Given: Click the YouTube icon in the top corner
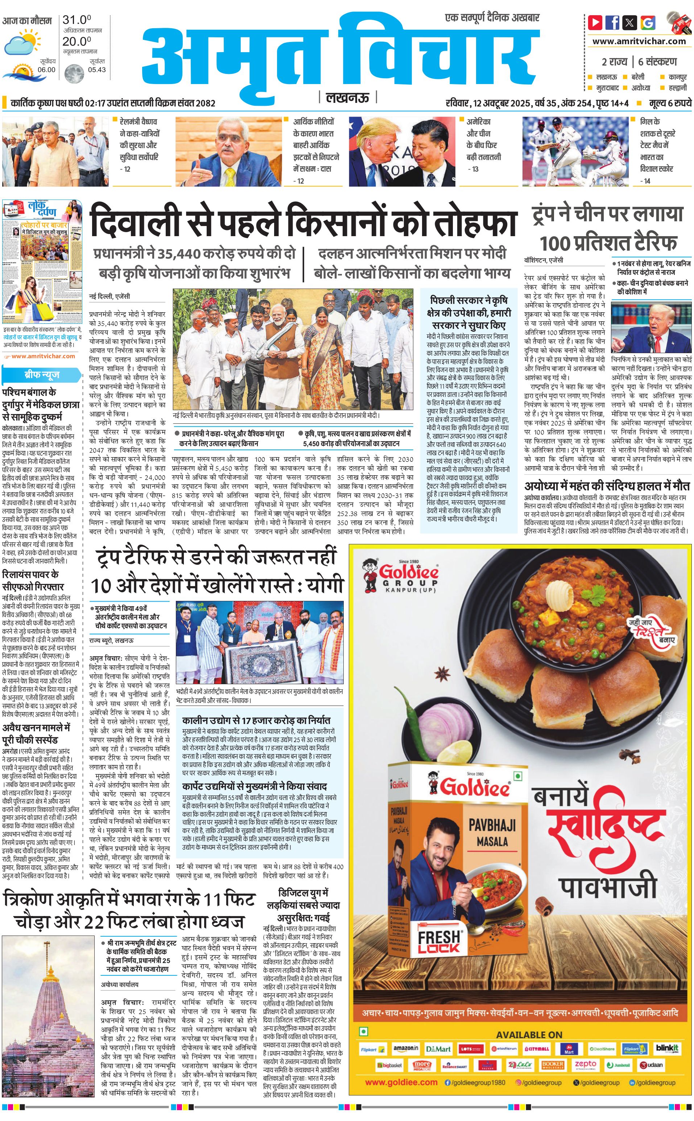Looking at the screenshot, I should [x=595, y=22].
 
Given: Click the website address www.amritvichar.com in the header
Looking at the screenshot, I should [x=639, y=41].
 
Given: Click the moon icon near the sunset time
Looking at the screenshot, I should [x=74, y=72].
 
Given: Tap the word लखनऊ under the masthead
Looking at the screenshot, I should [x=347, y=98].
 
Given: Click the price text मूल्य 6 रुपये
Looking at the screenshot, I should [x=670, y=103].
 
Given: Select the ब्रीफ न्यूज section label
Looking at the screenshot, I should [x=42, y=375].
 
